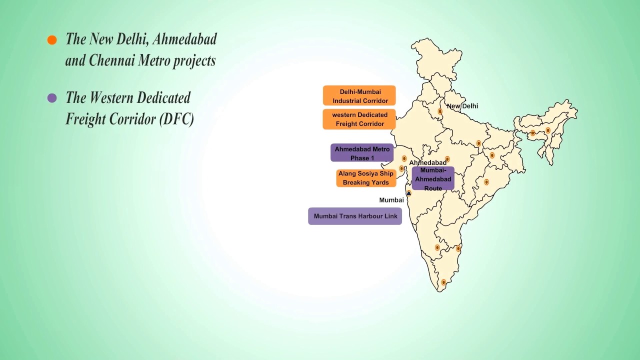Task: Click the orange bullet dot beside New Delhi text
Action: (52, 40)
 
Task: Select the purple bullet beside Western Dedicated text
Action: (52, 98)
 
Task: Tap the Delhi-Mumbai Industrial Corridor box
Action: (359, 96)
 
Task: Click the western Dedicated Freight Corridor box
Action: (359, 119)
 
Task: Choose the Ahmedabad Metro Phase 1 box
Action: (362, 153)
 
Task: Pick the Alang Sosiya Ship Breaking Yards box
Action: (366, 178)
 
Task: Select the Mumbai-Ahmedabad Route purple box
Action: (433, 179)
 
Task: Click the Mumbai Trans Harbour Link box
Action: (355, 216)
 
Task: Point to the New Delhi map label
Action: (462, 106)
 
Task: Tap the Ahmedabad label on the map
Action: (427, 163)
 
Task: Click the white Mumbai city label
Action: (391, 200)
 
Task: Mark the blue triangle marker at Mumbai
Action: (408, 193)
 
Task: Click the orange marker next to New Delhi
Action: (440, 111)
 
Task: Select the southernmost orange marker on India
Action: (443, 282)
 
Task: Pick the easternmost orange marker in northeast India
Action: (548, 130)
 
